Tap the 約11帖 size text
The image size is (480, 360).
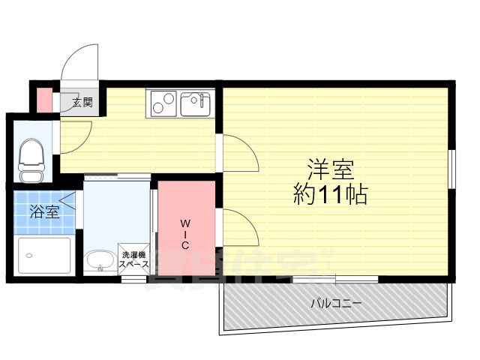tap(330, 196)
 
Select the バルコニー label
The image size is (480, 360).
tap(337, 304)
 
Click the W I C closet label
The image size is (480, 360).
tap(184, 234)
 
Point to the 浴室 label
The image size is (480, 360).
tap(43, 212)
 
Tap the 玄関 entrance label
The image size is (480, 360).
tap(82, 103)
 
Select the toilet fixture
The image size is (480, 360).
tap(31, 160)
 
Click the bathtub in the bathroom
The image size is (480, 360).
tap(43, 256)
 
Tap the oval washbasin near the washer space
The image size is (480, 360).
tap(100, 261)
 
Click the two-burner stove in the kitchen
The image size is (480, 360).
tap(163, 103)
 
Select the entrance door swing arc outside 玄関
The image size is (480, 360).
tap(81, 60)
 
